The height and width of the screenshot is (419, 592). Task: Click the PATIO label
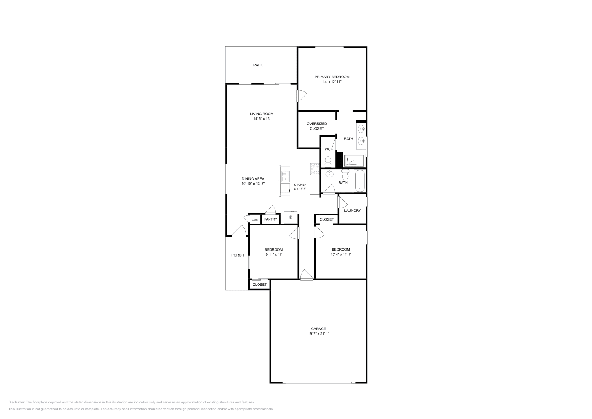tap(258, 65)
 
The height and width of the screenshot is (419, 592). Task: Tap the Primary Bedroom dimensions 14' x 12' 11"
tap(332, 82)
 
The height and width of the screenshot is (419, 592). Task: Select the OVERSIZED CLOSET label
tap(317, 126)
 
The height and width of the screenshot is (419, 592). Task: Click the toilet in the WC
tap(327, 161)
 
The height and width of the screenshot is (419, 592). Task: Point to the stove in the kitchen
tap(315, 169)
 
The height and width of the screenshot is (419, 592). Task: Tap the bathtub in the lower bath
tap(360, 181)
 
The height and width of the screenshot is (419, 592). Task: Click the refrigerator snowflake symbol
tap(291, 217)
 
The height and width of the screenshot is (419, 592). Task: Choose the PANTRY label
tap(270, 219)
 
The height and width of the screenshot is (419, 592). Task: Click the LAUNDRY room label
tap(352, 211)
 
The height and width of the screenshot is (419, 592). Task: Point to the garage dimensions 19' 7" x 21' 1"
tap(318, 334)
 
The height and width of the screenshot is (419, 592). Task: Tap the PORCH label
tap(238, 255)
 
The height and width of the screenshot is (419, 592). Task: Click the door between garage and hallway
tap(306, 275)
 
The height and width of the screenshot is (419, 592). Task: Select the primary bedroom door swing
tap(302, 96)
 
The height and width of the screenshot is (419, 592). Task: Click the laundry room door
tap(342, 202)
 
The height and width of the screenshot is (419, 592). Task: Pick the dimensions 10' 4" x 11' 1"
tap(340, 255)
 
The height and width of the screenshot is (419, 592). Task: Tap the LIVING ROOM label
tap(262, 114)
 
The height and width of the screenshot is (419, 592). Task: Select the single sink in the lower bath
tap(328, 174)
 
